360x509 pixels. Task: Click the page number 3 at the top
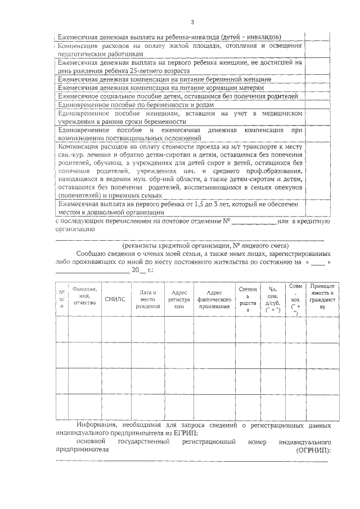click(x=192, y=22)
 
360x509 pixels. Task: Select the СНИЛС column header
click(x=114, y=299)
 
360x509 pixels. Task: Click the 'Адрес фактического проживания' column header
click(x=215, y=299)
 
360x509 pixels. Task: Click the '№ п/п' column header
click(x=62, y=299)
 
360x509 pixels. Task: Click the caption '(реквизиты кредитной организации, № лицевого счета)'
click(x=206, y=246)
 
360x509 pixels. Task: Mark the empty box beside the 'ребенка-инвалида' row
click(x=316, y=35)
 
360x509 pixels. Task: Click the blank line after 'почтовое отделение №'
click(x=254, y=222)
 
